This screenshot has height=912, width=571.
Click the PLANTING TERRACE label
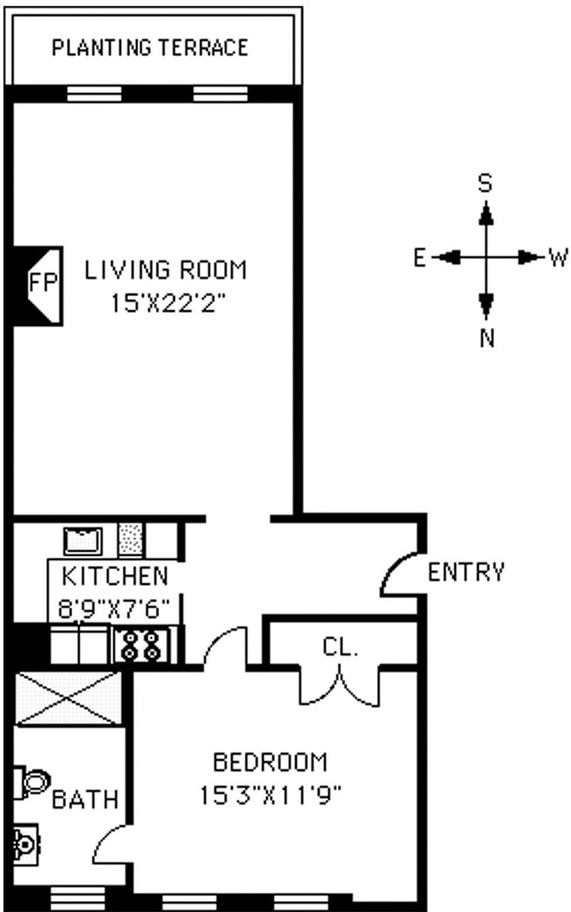point(150,47)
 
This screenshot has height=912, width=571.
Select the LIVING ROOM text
point(166,271)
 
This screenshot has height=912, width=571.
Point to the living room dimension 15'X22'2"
point(169,304)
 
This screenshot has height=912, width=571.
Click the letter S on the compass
point(484,183)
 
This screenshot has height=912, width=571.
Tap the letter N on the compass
point(487,338)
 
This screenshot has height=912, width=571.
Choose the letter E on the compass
point(420,257)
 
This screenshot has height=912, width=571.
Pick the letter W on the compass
point(558,257)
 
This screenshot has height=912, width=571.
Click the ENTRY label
point(466,573)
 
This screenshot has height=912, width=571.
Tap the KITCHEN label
point(115,577)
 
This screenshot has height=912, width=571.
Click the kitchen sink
point(83,540)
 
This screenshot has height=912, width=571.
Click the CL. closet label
point(340,649)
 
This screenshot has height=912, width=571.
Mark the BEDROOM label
point(271,762)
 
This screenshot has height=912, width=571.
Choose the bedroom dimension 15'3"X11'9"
point(271,797)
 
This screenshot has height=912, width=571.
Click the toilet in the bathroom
point(32,781)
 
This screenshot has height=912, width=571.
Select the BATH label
point(84,800)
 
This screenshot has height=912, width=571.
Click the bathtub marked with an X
point(68,698)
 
